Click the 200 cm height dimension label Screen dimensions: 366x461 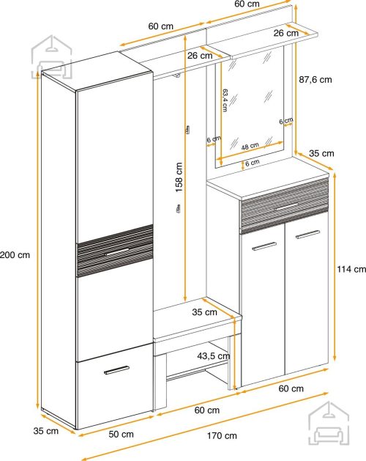pos(15,254)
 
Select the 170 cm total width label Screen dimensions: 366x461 pos(222,435)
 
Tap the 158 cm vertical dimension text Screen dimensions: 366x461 pos(179,177)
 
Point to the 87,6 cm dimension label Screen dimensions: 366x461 pos(315,79)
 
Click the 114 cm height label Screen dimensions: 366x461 pos(351,269)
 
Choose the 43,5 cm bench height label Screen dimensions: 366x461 pos(214,356)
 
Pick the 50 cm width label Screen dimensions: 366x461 pos(121,434)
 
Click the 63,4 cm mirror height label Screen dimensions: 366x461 pos(225,100)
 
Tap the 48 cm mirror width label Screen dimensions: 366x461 pos(250,146)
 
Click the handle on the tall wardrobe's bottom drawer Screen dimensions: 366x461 pos(116,370)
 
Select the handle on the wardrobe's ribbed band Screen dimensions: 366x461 pos(116,253)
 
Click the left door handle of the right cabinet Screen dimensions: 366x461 pos(264,246)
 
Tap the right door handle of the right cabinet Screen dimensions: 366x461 pos(307,235)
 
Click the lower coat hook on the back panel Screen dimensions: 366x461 pos(178,209)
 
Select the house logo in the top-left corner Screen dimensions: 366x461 pos(52,57)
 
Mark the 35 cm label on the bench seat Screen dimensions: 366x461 pos(204,312)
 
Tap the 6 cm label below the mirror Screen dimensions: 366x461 pos(253,162)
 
